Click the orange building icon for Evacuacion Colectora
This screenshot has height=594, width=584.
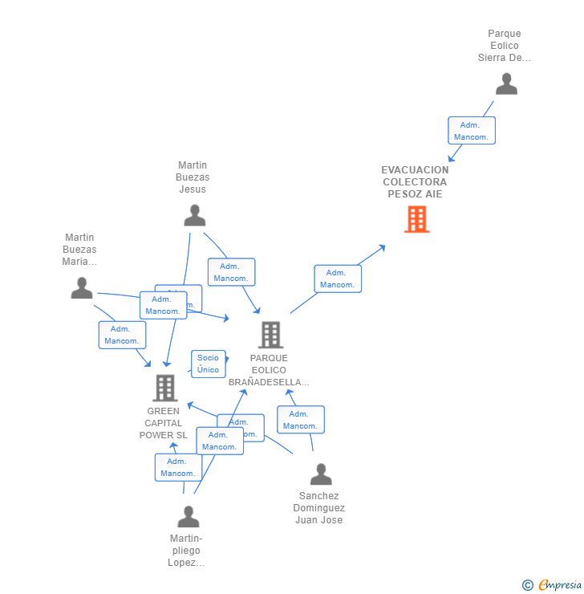[416, 219]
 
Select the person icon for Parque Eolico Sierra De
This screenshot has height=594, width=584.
[506, 83]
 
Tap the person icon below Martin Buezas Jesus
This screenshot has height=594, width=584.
[194, 215]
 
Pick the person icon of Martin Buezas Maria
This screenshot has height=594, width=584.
[82, 287]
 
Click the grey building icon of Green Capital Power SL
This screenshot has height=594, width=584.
[164, 388]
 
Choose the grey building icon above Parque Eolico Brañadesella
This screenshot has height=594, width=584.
[270, 335]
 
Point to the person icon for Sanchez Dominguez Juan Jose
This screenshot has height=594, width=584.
[321, 474]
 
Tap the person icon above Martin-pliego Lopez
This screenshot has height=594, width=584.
[189, 516]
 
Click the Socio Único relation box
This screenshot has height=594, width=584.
[208, 364]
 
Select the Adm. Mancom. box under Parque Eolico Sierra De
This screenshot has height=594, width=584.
[471, 131]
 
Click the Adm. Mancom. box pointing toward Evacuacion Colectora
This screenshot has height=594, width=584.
[337, 279]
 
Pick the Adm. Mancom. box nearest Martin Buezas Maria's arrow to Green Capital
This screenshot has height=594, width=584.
[122, 335]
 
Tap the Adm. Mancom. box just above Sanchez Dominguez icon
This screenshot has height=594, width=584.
[300, 420]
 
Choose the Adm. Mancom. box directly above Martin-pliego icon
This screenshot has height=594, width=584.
[177, 467]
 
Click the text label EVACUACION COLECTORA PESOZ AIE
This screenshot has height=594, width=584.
[415, 182]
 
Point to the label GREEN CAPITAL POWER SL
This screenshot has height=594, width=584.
[164, 423]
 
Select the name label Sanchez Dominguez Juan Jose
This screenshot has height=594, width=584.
[318, 508]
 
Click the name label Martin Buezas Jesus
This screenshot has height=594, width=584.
[193, 177]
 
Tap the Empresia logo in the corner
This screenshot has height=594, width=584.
[553, 585]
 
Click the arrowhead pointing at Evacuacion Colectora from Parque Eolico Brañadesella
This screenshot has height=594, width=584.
[382, 247]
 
